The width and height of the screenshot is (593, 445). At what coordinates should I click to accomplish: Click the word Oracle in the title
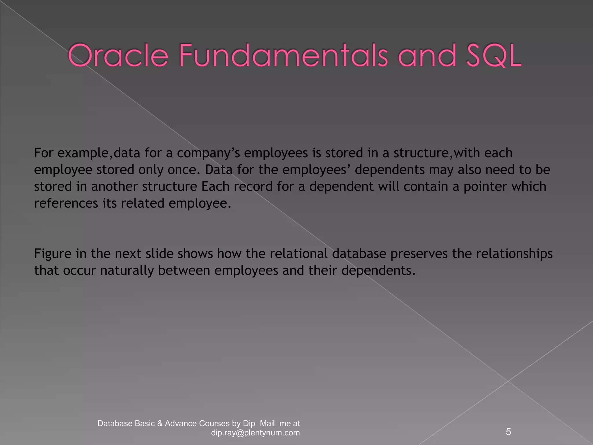118,55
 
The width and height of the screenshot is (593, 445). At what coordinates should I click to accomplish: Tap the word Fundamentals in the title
283,55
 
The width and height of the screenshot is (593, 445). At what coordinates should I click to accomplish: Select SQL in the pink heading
493,55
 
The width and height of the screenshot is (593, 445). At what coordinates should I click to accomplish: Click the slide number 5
508,432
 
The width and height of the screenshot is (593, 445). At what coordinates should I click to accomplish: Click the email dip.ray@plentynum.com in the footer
255,433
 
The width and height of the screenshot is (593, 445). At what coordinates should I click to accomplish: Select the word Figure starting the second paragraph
53,254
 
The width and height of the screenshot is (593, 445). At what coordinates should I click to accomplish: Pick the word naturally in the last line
127,271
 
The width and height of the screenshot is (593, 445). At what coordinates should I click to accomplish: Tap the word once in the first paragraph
184,170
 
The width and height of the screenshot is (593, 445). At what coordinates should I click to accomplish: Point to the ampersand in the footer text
160,424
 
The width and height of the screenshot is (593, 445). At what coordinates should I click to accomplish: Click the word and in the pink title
427,55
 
